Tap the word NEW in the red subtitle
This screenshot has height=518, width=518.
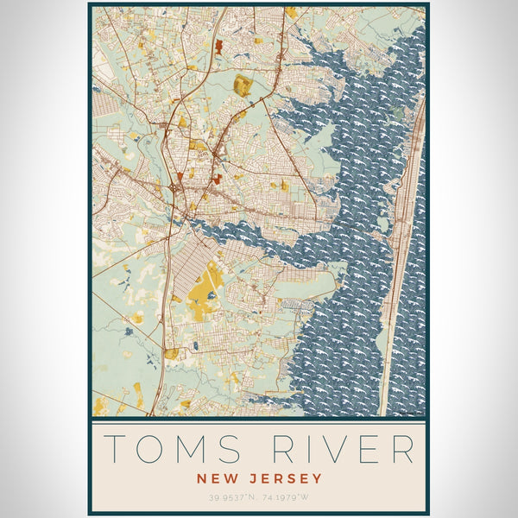pyautogui.click(x=213, y=478)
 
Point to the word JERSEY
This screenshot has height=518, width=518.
pyautogui.click(x=281, y=478)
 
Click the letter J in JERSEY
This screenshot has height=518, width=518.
pyautogui.click(x=246, y=478)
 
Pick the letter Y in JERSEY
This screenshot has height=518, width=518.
pyautogui.click(x=317, y=478)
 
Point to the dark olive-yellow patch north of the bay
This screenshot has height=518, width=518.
pyautogui.click(x=243, y=85)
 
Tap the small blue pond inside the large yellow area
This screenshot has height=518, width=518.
pyautogui.click(x=211, y=295)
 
